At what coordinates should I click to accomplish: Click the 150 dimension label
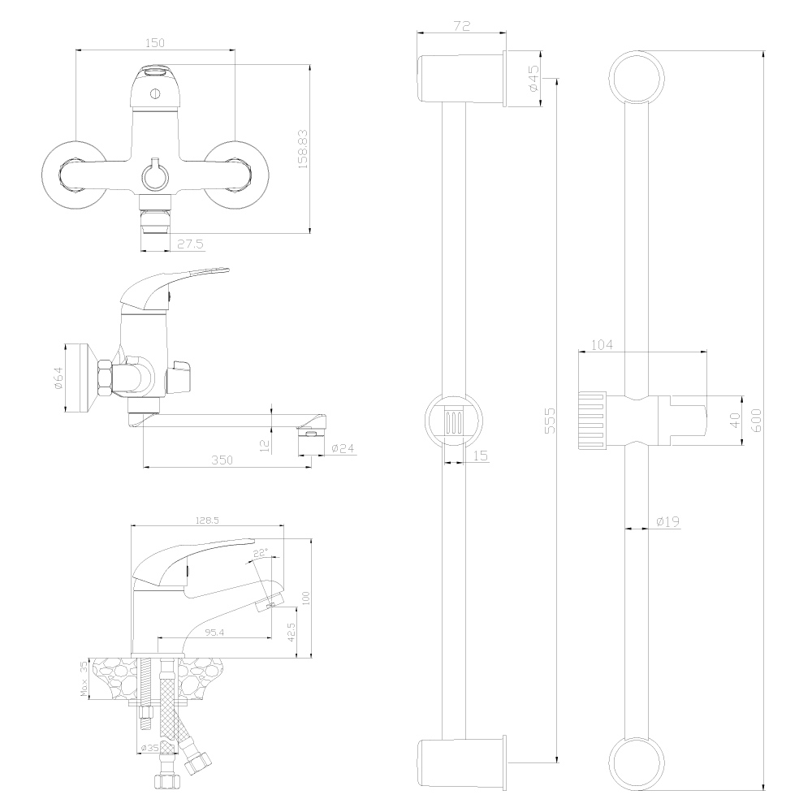(x=155, y=43)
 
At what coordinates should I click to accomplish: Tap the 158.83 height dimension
(x=303, y=149)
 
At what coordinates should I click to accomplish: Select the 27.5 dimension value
(x=191, y=244)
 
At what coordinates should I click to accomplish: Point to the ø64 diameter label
(x=58, y=378)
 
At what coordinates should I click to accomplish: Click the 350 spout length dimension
(x=222, y=460)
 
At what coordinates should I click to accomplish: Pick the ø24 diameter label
(x=343, y=448)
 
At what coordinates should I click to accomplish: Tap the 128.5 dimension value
(x=207, y=520)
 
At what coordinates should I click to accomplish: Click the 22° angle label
(x=261, y=553)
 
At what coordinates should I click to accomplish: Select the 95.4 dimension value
(x=214, y=632)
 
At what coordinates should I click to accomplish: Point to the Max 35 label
(x=84, y=678)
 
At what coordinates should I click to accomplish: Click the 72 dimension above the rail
(x=461, y=26)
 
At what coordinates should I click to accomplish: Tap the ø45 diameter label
(x=534, y=79)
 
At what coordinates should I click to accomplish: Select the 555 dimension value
(x=550, y=421)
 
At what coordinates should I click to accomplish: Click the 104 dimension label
(x=602, y=345)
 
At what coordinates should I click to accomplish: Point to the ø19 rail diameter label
(x=668, y=521)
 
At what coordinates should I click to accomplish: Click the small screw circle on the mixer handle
(x=155, y=93)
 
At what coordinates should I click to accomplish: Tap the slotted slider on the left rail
(x=454, y=420)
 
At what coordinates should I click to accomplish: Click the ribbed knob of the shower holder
(x=592, y=421)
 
